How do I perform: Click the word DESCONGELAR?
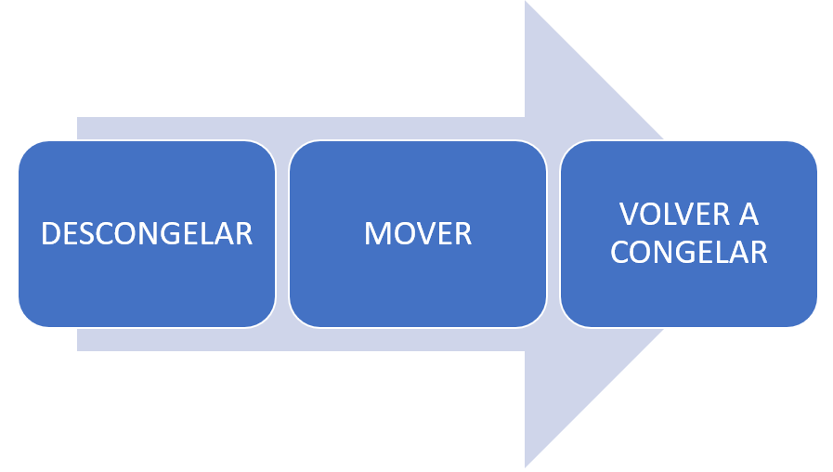click(147, 233)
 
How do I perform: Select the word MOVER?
click(417, 233)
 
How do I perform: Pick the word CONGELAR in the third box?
click(688, 253)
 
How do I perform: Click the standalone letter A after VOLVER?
click(748, 215)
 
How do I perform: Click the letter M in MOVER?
click(377, 233)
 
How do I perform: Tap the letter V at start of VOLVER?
click(629, 215)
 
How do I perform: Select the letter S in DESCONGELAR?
click(90, 233)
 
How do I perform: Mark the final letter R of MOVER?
click(463, 233)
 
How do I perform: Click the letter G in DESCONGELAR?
click(172, 233)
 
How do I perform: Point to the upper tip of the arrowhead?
click(526, 4)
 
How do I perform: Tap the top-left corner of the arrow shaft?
click(78, 119)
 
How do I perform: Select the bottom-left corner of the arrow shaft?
click(78, 349)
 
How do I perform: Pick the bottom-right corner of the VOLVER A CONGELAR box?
click(810, 320)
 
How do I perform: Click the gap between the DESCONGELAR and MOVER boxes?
click(282, 233)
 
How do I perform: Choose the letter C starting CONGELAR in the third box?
click(620, 253)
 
